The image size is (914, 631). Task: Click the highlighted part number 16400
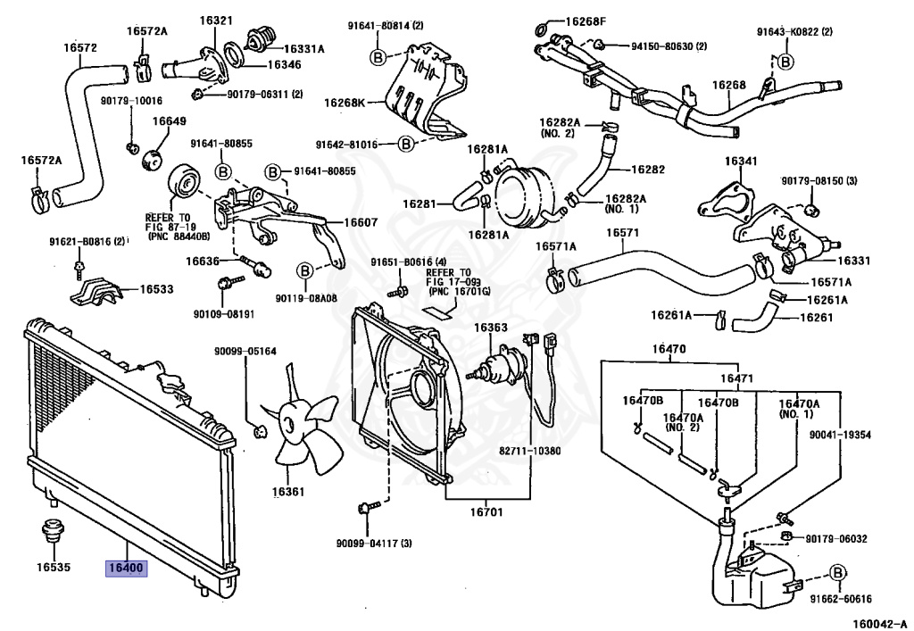coord(125,567)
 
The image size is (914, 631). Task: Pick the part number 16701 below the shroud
coord(487,512)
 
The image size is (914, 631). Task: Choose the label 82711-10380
coord(530,450)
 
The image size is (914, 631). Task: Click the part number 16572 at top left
coord(80,47)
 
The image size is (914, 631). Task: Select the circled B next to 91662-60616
coord(838,573)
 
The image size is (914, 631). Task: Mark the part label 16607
coord(337,223)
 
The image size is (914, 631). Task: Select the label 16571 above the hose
coord(623,233)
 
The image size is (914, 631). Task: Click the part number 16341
coord(741,162)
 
